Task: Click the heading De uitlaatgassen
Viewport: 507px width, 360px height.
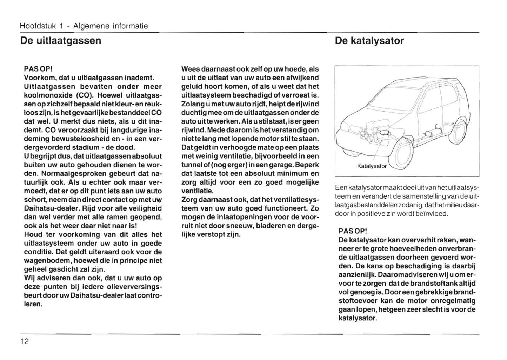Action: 61,41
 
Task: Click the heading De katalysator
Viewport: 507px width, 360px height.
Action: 369,41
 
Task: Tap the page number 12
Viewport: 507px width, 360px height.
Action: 25,341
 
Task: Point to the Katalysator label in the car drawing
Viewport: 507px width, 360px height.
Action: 371,166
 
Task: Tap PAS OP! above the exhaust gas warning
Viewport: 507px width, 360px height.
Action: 38,69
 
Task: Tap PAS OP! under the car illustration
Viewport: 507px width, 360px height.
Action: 353,231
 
